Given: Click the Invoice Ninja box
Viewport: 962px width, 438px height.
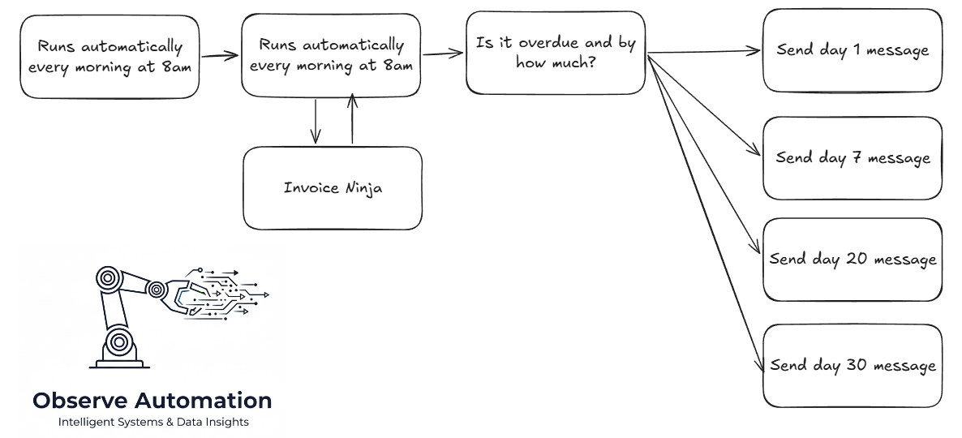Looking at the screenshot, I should [333, 188].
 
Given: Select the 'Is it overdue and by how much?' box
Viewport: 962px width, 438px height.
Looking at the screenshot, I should [556, 53].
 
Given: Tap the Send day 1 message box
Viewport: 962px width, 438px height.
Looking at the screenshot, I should [852, 50].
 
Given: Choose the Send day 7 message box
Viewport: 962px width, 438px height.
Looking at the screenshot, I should [852, 158].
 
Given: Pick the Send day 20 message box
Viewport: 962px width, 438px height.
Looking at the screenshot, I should [852, 260].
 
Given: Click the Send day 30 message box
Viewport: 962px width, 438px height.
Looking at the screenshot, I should [852, 366].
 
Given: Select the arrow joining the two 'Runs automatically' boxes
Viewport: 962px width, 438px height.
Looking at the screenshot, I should [219, 56].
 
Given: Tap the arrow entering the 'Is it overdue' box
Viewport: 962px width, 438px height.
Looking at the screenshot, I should [442, 54].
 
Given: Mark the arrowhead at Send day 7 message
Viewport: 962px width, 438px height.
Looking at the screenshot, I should [754, 152].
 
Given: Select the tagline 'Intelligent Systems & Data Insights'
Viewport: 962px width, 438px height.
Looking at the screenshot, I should [153, 422].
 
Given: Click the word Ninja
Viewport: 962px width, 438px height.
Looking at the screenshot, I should [361, 188].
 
